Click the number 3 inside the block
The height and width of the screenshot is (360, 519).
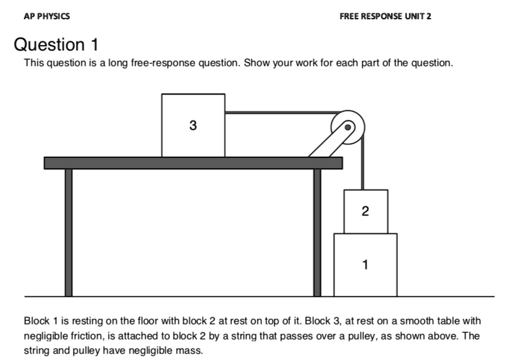tap(192, 126)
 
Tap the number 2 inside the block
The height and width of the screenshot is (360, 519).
tap(365, 211)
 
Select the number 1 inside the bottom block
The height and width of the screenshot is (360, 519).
tap(365, 264)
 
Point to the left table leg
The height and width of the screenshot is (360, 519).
tap(69, 232)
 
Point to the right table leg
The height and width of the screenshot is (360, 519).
tap(317, 232)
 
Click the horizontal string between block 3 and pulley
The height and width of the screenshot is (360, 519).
tap(277, 112)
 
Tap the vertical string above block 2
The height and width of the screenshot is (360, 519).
tap(362, 169)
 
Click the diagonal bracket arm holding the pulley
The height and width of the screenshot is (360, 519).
tap(329, 143)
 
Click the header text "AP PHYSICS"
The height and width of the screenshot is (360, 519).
tap(46, 16)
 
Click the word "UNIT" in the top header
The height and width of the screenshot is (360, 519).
tap(414, 16)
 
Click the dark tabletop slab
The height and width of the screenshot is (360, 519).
tap(193, 163)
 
